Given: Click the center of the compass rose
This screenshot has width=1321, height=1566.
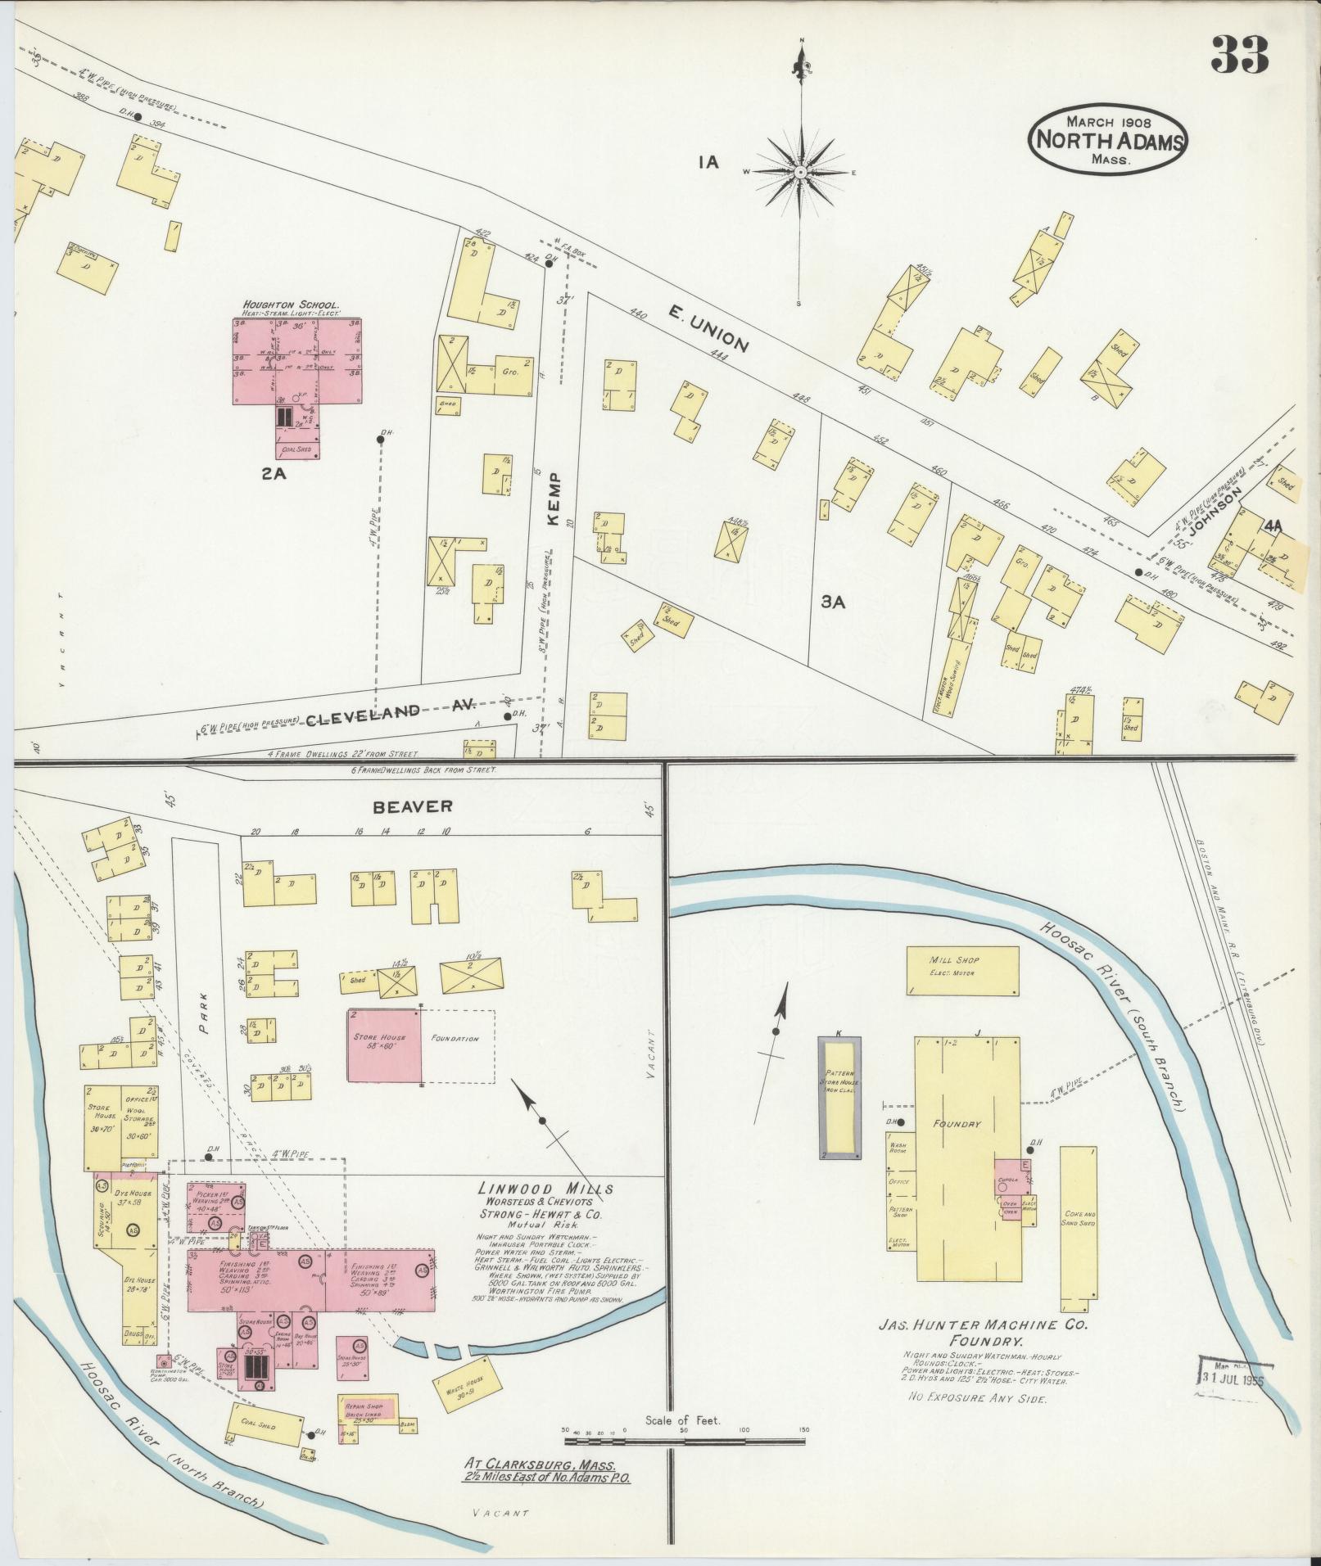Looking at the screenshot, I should click(x=799, y=172).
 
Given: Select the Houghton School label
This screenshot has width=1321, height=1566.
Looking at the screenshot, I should click(x=291, y=305).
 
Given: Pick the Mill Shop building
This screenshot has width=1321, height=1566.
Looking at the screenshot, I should click(x=962, y=971).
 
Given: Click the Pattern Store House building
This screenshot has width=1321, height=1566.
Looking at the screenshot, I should click(x=839, y=1097).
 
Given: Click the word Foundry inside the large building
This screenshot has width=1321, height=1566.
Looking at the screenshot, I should click(x=956, y=1124).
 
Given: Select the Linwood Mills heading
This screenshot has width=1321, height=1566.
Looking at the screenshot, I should click(x=546, y=1189).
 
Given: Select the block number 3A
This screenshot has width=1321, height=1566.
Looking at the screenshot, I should click(x=833, y=602).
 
